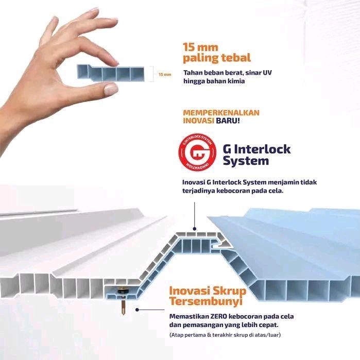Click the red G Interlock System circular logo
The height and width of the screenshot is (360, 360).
[197, 152]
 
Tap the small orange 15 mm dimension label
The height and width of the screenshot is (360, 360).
[165, 74]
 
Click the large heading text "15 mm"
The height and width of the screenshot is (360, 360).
[200, 47]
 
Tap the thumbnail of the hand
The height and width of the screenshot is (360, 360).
[111, 89]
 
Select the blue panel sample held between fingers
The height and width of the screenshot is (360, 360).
[111, 73]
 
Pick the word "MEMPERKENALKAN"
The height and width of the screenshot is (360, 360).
[221, 113]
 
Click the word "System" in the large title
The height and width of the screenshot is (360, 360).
[246, 161]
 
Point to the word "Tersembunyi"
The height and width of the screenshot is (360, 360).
[205, 301]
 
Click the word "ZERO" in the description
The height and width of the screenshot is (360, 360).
[218, 316]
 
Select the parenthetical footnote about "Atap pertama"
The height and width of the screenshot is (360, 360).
[225, 335]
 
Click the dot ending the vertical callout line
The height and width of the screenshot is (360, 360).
[195, 229]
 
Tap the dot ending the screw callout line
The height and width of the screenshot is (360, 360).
[137, 310]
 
